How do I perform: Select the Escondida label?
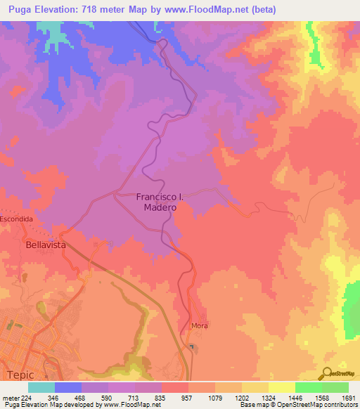pyautogui.click(x=16, y=219)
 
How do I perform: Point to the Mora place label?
pyautogui.click(x=200, y=326)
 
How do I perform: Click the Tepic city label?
pyautogui.click(x=20, y=375)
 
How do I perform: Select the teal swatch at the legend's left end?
pyautogui.click(x=41, y=387)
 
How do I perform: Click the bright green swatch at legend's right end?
pyautogui.click(x=335, y=387)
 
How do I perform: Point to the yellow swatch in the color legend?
pyautogui.click(x=282, y=387)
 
